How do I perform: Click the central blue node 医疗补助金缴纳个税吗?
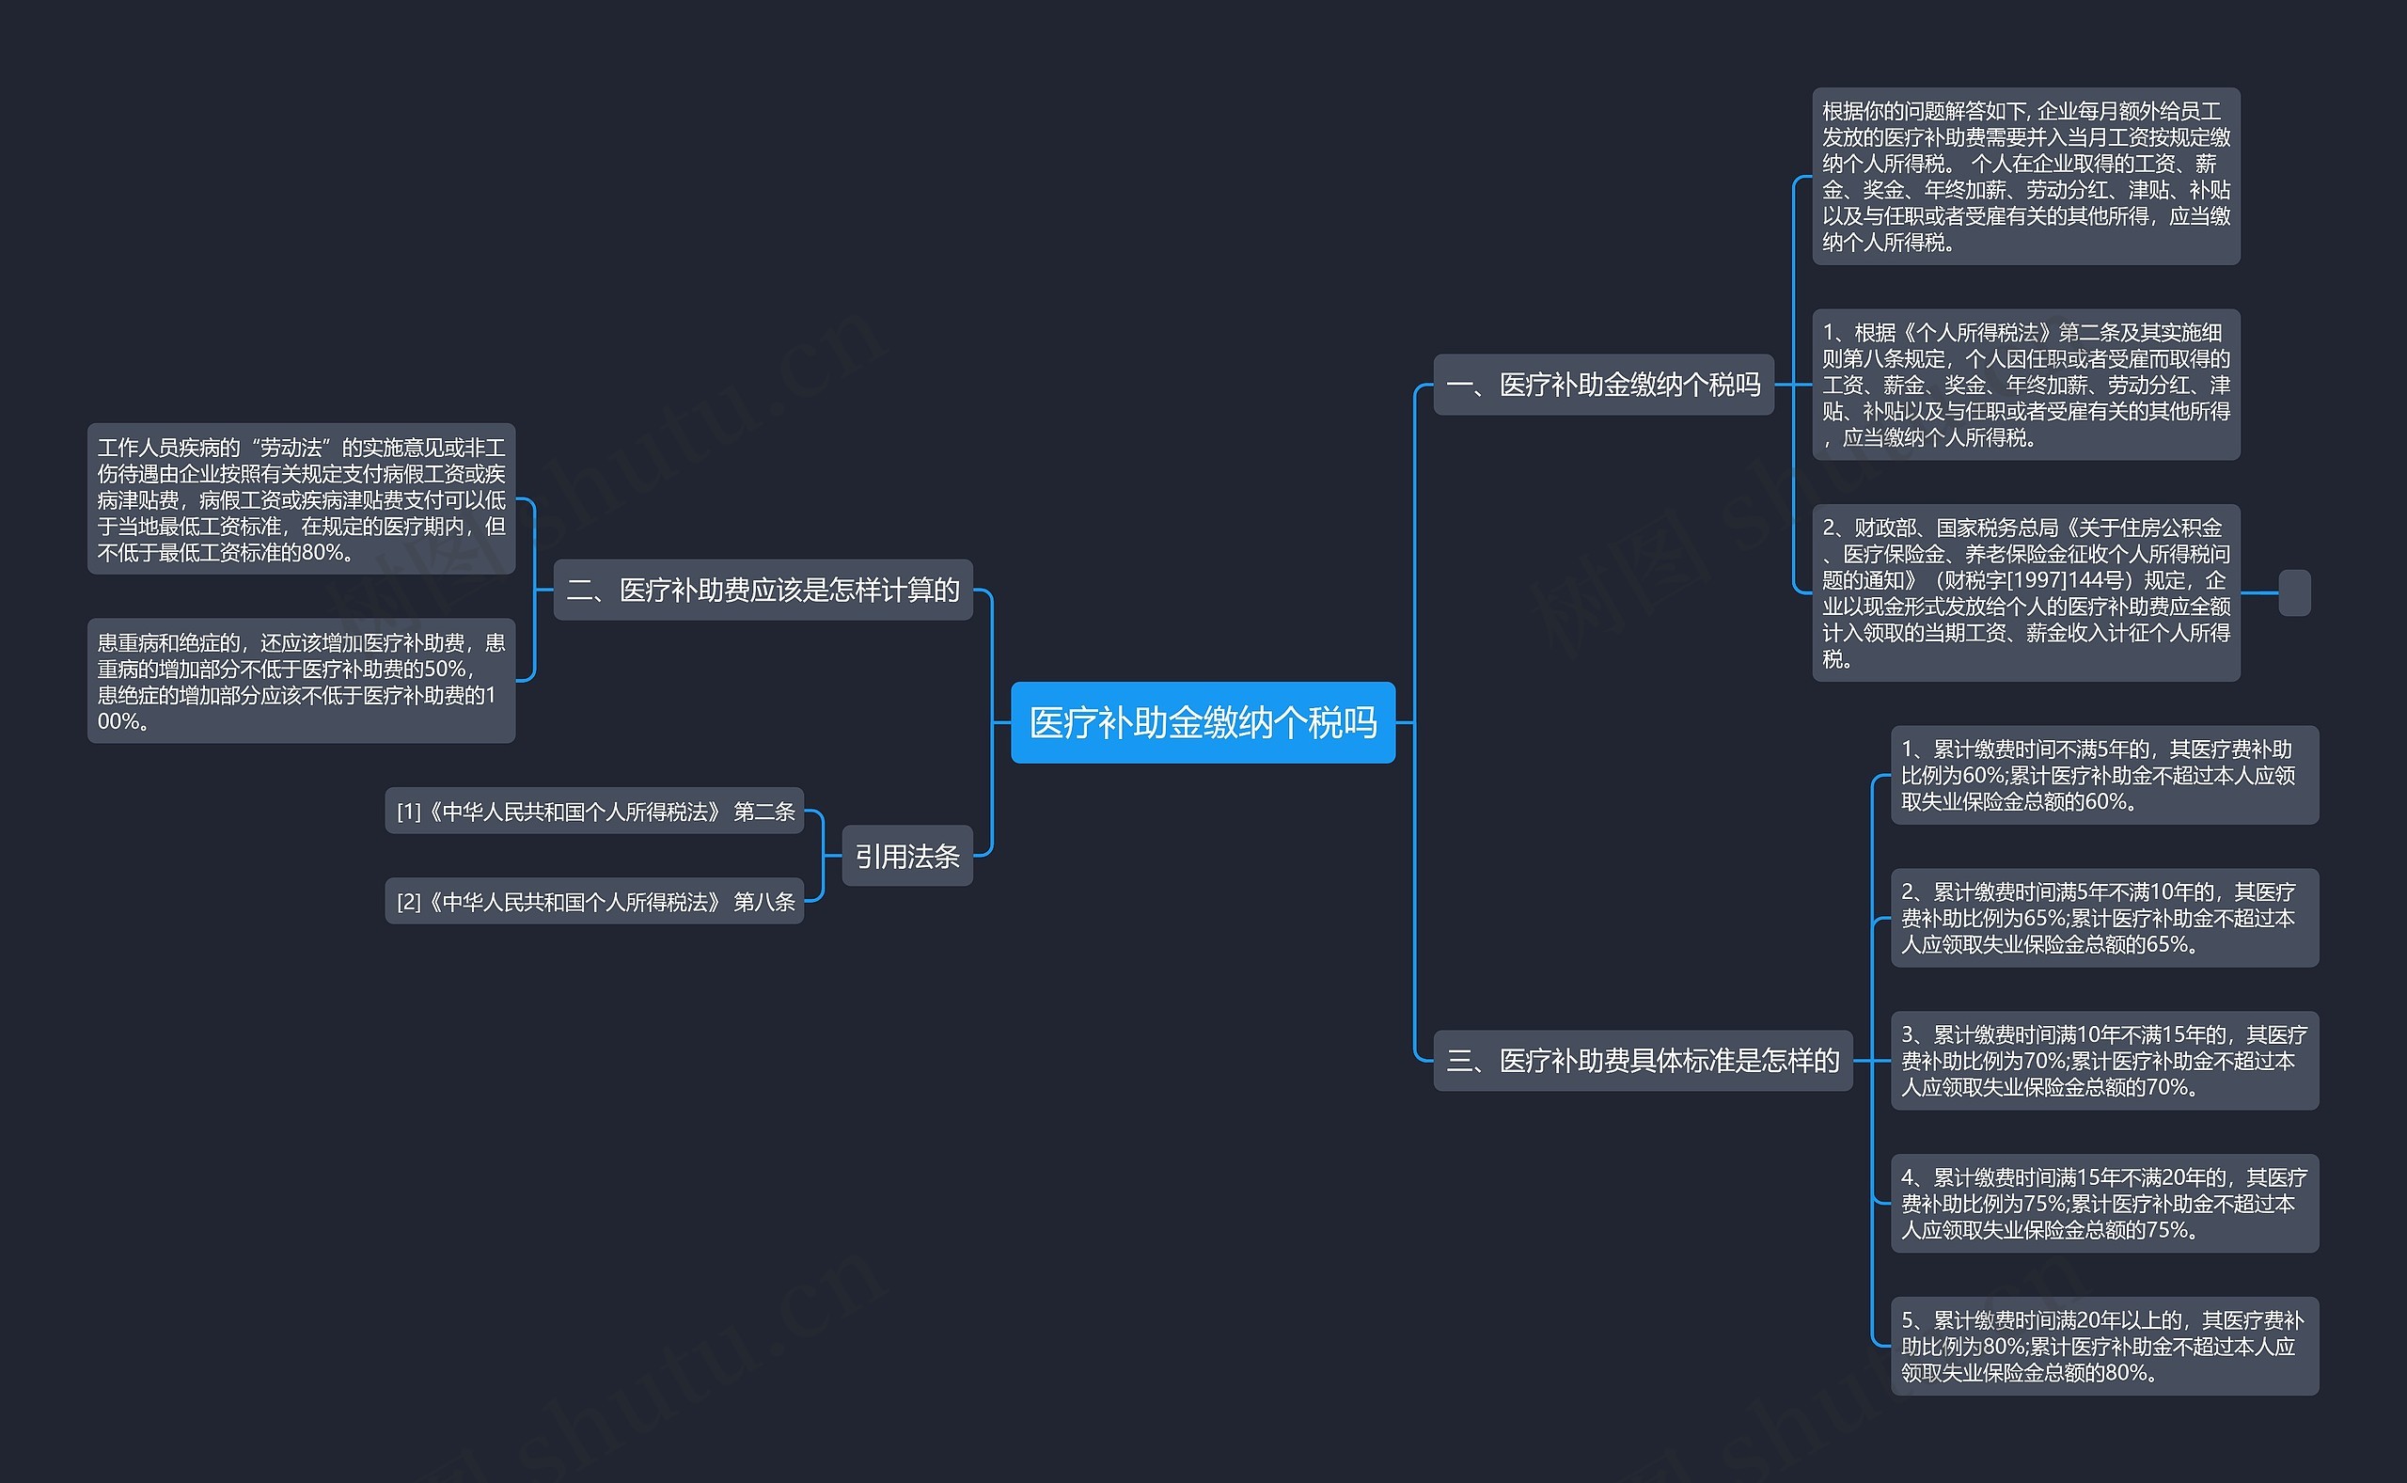click(1202, 722)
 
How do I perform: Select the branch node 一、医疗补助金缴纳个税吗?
click(1603, 385)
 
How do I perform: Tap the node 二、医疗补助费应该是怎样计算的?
click(763, 590)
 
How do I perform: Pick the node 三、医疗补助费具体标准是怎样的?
click(1643, 1060)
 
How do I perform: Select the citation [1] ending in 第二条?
click(594, 812)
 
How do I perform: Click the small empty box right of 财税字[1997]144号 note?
click(2294, 592)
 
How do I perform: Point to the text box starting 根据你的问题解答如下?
click(2025, 177)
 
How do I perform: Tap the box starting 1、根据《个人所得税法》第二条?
click(2025, 385)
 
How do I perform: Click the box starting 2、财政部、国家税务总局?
click(2025, 592)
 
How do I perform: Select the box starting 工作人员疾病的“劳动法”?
click(301, 499)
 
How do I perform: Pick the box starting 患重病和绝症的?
click(301, 681)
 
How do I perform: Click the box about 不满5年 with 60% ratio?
click(2104, 775)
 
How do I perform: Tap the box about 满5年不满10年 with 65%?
click(2104, 918)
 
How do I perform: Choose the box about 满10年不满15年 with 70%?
click(2104, 1060)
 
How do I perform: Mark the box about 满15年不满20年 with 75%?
click(2104, 1204)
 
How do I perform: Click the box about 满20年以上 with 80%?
click(2104, 1346)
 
